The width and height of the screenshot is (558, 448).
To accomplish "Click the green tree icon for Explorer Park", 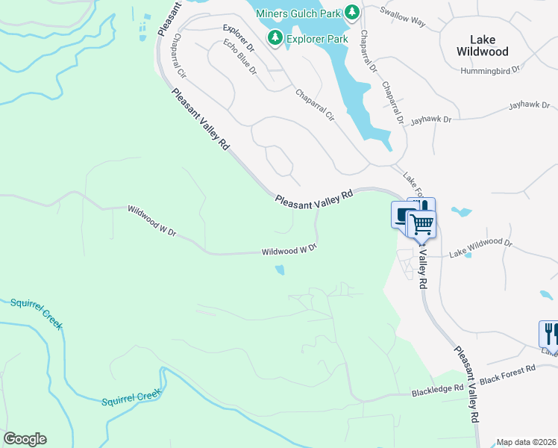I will pos(275,37).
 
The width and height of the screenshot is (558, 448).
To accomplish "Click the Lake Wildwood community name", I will pos(489,46).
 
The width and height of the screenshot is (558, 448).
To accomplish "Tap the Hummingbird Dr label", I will pos(515,68).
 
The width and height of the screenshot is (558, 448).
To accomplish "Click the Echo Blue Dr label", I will pos(239,58).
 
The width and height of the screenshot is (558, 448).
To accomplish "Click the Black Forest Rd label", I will pos(507,370).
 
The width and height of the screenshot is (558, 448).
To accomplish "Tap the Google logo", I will pos(25,439).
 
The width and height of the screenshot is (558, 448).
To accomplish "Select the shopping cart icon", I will pos(422,223).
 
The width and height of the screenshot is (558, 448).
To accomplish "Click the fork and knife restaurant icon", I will pos(549,331).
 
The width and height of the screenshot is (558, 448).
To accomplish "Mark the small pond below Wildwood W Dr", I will pos(280,270).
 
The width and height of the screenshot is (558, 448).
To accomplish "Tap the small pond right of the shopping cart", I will pos(460,212).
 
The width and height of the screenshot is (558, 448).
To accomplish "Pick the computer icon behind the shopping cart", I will pos(402,215).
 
